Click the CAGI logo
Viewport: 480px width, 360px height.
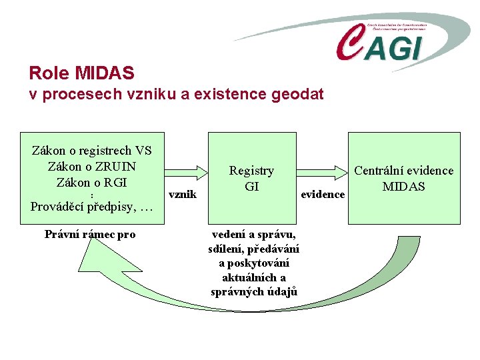[x=380, y=44]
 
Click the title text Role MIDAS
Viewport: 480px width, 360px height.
[x=81, y=72]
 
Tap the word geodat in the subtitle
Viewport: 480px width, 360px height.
[x=298, y=94]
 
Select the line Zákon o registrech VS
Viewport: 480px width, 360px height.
[x=92, y=150]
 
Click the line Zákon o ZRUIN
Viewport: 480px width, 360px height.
[x=92, y=166]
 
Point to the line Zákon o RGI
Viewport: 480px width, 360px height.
[x=92, y=182]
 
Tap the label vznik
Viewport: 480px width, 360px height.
[x=183, y=194]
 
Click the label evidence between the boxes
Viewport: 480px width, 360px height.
[x=323, y=194]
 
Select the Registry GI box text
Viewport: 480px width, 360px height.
[x=251, y=179]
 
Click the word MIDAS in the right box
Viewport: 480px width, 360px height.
[x=403, y=187]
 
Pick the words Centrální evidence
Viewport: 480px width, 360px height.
[x=403, y=171]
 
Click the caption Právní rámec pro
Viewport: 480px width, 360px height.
[x=90, y=234]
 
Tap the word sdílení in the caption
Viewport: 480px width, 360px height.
[x=229, y=249]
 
